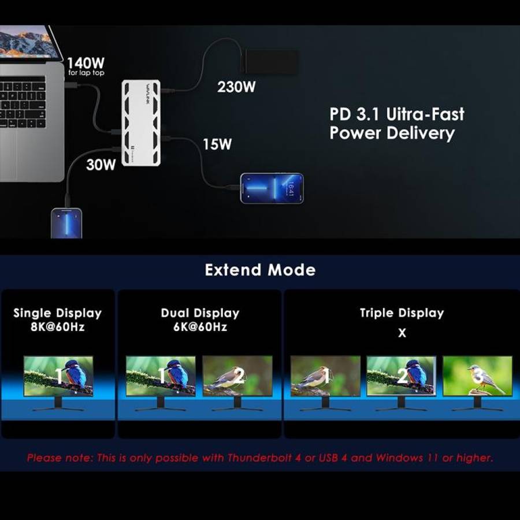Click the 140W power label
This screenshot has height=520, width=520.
86,62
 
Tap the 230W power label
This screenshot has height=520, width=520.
236,87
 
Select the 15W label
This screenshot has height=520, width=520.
217,144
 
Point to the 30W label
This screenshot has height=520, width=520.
101,165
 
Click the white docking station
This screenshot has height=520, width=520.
141,122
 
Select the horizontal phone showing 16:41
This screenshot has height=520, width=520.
272,188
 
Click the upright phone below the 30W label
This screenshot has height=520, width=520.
66,223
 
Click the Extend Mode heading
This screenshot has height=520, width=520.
260,270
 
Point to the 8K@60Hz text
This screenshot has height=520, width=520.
58,327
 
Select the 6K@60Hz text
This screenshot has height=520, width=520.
200,327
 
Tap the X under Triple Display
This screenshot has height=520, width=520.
402,333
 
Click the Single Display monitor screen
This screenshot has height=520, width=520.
58,376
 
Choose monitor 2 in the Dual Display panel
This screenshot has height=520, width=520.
237,376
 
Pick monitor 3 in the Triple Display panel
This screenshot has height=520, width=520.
478,376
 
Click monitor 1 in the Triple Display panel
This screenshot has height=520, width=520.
325,376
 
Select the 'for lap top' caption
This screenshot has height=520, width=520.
86,73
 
